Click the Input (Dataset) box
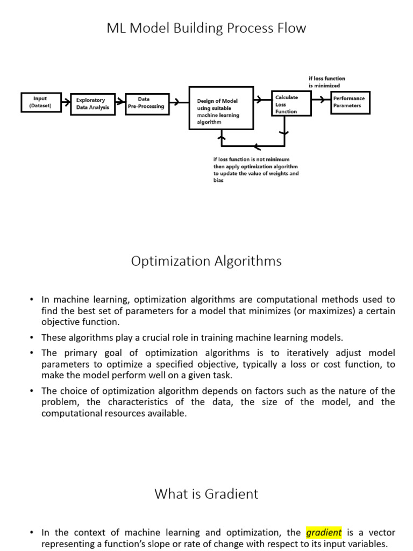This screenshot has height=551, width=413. point(40,102)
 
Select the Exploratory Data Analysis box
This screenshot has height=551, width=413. point(92,103)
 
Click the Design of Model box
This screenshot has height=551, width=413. point(221,108)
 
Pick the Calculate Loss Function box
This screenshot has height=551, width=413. point(291,104)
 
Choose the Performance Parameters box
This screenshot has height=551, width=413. point(350,102)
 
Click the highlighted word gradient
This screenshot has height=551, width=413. point(324,533)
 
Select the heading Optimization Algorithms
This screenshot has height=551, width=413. point(206,262)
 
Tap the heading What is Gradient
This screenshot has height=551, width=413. point(206,494)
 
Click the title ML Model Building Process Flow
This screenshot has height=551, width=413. point(206,29)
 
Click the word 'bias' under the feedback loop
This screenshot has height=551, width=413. point(218,181)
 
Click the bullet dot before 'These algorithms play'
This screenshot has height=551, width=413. point(32,338)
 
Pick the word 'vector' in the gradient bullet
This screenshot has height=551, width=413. point(379,533)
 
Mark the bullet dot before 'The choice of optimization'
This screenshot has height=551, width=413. point(32,391)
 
